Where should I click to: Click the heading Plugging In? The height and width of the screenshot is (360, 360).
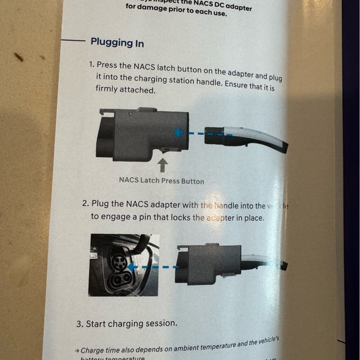click(x=117, y=43)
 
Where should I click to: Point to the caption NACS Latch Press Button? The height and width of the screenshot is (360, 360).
click(x=161, y=181)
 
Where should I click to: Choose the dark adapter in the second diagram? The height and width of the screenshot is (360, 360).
click(x=208, y=264)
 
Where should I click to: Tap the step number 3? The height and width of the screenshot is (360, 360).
click(x=79, y=323)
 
